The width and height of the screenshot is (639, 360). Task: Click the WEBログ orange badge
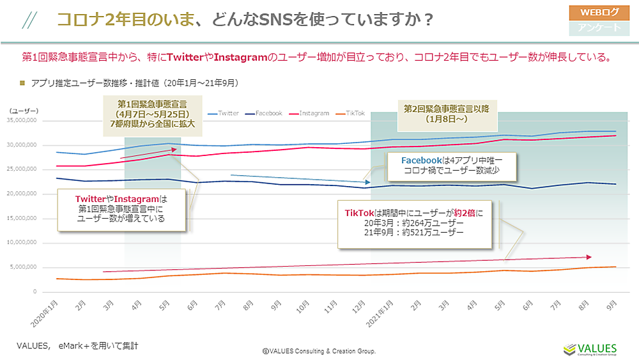pos(599,12)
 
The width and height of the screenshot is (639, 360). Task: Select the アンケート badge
pos(599,27)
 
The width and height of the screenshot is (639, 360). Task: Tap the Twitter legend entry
pos(223,113)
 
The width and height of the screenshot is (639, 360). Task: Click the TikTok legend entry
pos(351,113)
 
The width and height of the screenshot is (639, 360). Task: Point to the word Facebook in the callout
pos(422,160)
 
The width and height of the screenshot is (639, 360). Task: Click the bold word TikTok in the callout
pos(358,212)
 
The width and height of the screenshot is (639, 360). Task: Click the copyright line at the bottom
pos(319,351)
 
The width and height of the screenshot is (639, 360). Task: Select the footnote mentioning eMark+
pos(77,345)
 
